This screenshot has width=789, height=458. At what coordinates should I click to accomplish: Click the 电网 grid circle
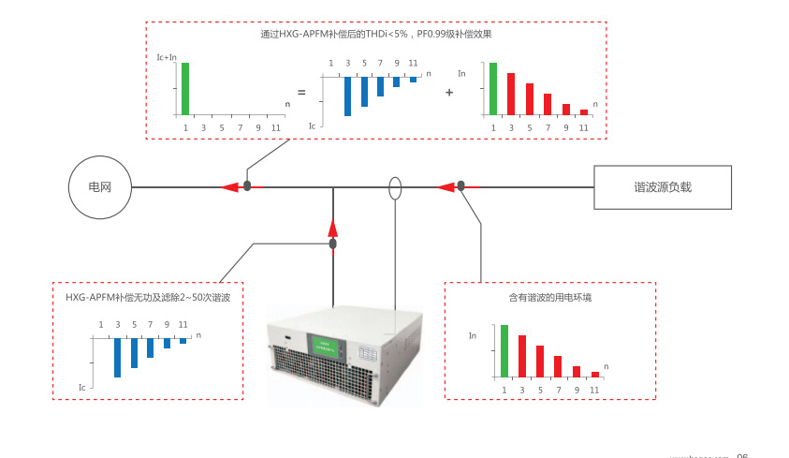click(x=100, y=187)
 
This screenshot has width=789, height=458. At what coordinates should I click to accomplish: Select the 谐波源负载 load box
click(x=662, y=187)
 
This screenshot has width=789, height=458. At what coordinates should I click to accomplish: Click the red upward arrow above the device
click(x=332, y=227)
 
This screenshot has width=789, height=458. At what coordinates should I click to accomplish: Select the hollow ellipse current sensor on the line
click(x=395, y=187)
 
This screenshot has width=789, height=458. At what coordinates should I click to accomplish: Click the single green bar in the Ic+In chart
click(x=185, y=88)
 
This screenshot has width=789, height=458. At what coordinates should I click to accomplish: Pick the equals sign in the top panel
click(x=301, y=93)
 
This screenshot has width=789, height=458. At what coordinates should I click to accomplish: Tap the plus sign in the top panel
click(x=449, y=93)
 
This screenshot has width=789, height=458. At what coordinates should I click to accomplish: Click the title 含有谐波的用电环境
click(x=549, y=298)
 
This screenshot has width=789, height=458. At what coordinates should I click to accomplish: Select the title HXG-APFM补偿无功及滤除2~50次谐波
click(x=148, y=297)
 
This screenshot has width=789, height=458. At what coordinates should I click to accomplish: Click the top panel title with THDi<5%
click(x=375, y=34)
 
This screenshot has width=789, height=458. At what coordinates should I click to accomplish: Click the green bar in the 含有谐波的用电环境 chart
click(x=504, y=350)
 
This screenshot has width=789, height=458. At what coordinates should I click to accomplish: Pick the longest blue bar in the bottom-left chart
click(x=117, y=358)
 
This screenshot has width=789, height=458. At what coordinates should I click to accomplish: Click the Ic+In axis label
click(x=167, y=58)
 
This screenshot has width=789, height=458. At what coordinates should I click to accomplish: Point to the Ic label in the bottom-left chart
click(x=82, y=386)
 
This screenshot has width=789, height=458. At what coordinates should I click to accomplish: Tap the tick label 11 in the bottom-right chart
click(x=594, y=390)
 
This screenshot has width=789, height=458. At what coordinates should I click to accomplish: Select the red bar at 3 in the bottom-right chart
click(x=522, y=355)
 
